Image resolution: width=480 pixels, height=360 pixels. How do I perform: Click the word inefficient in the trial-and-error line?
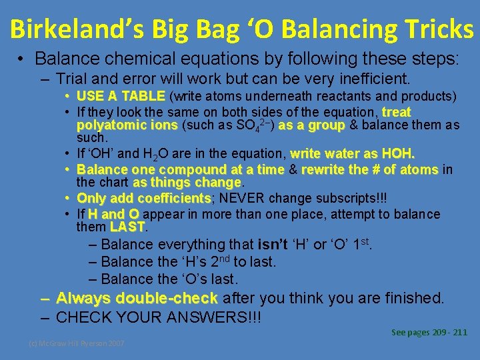pos(373,79)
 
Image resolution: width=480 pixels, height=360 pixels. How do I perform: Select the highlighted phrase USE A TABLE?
pos(122,96)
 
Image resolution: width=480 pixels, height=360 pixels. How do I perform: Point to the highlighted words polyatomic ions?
pos(127,125)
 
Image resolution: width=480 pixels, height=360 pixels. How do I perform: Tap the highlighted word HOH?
pos(399,155)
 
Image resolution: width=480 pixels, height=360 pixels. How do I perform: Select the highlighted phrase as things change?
pos(187,182)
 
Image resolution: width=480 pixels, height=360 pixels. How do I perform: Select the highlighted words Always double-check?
pos(137,298)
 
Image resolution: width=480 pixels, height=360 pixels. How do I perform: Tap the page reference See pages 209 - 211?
pos(429,332)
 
